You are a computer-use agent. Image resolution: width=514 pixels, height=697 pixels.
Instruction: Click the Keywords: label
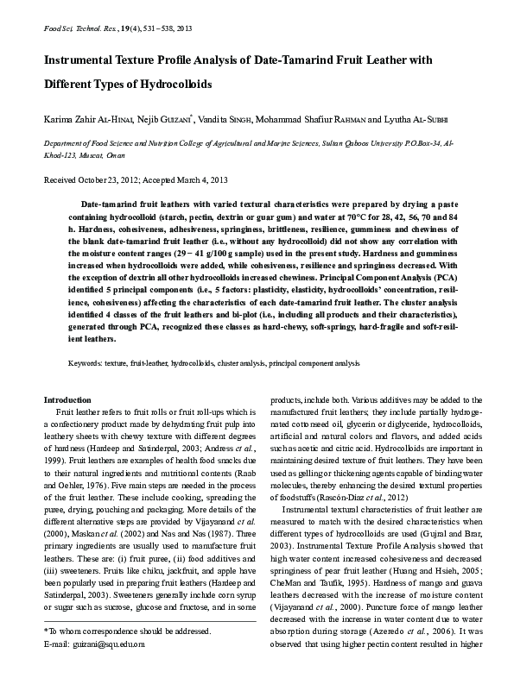tap(86, 365)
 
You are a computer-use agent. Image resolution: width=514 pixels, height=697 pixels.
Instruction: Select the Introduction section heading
tap(67, 400)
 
